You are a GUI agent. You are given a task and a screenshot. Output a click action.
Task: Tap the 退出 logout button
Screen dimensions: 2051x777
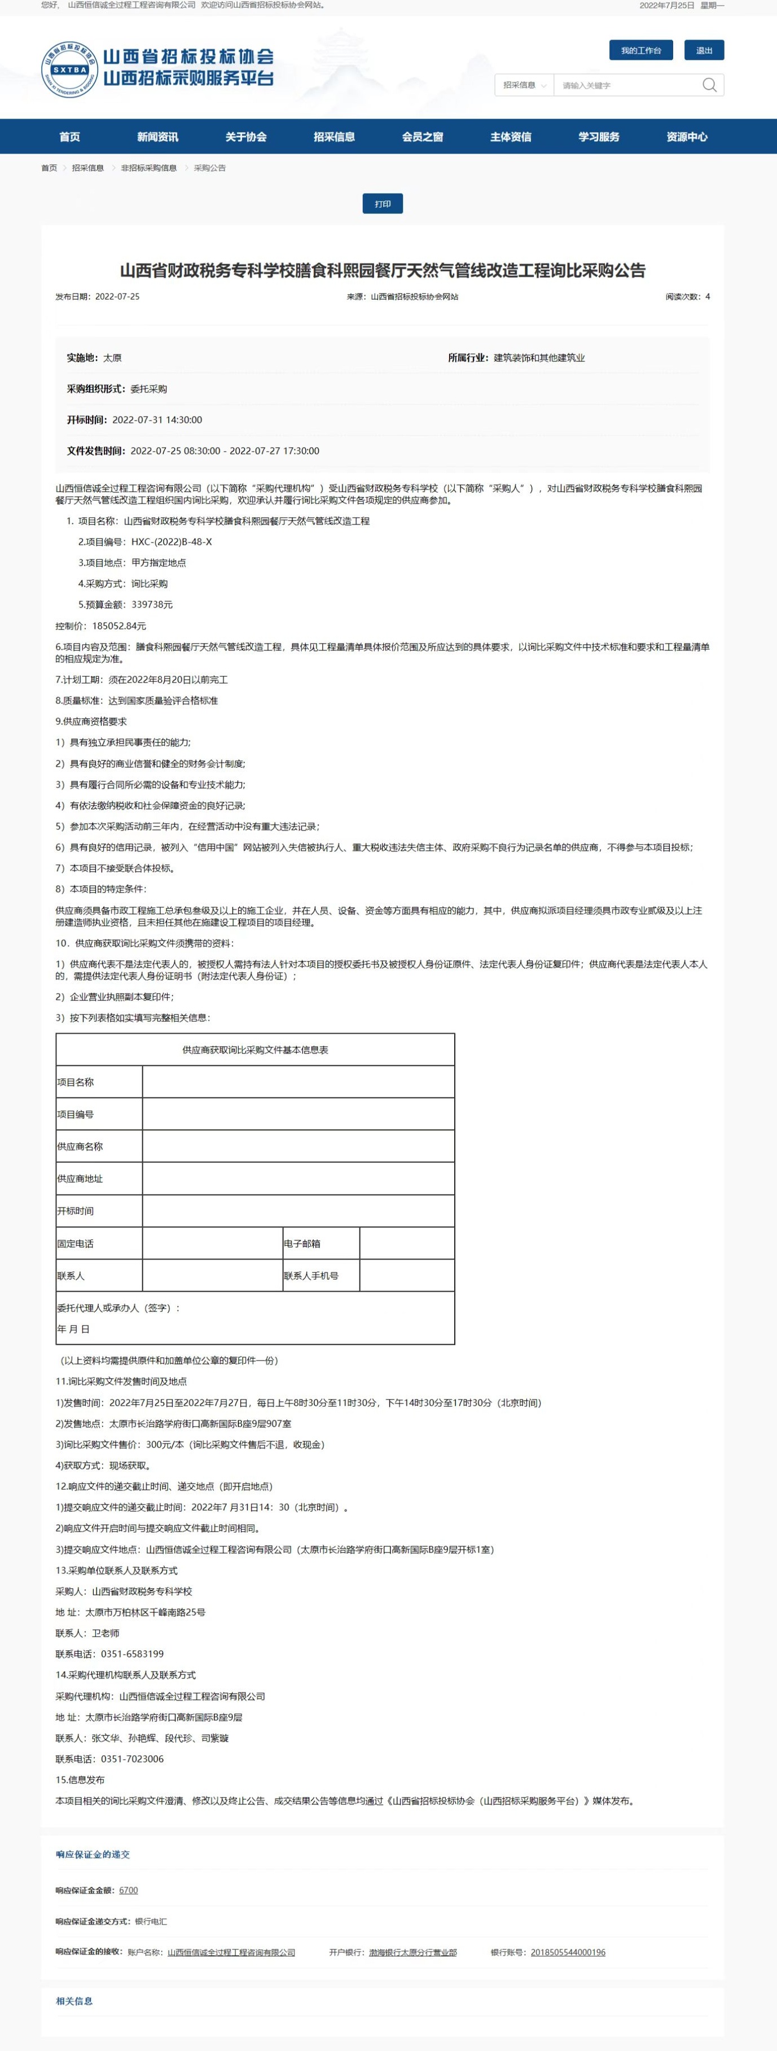(704, 50)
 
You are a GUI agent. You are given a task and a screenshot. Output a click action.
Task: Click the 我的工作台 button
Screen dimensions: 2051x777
(641, 50)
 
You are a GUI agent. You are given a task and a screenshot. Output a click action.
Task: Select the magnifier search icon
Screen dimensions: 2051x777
(709, 85)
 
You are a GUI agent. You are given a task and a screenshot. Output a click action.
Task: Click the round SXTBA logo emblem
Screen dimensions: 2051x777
(69, 69)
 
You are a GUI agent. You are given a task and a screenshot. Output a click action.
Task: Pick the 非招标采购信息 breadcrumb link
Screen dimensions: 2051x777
(149, 168)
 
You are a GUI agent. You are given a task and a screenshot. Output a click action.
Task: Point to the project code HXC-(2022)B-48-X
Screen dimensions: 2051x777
(171, 542)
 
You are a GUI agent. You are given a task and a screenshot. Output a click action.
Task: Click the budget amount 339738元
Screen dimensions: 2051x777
(151, 604)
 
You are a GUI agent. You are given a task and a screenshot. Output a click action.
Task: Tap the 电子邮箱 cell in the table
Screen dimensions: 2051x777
(302, 1244)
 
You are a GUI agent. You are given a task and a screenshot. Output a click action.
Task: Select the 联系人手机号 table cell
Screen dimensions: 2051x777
(311, 1275)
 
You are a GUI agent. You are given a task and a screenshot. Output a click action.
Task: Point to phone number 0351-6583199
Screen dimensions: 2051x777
(132, 1654)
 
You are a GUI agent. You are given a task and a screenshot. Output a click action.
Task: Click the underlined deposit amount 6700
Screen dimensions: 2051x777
(128, 1890)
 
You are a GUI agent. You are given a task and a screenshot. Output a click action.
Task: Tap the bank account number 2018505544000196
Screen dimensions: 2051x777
(568, 1952)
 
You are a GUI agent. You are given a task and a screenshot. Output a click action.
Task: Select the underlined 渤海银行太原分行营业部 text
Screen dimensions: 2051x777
(412, 1952)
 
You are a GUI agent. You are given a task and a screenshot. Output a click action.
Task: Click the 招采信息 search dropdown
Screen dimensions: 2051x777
(524, 85)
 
